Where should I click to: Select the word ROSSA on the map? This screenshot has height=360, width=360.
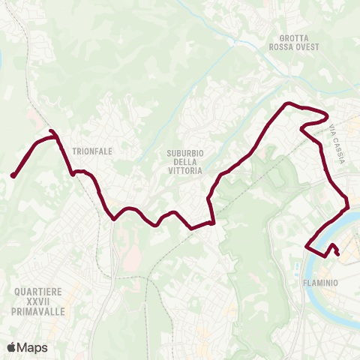tap(282, 46)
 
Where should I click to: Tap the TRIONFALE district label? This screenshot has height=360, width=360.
tap(92, 151)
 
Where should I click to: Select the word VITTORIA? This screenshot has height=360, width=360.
tap(184, 171)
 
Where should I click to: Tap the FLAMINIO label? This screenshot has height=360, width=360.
tap(323, 283)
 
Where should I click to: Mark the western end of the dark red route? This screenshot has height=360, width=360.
tap(13, 176)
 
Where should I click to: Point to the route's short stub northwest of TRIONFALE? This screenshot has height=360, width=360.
tap(52, 133)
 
